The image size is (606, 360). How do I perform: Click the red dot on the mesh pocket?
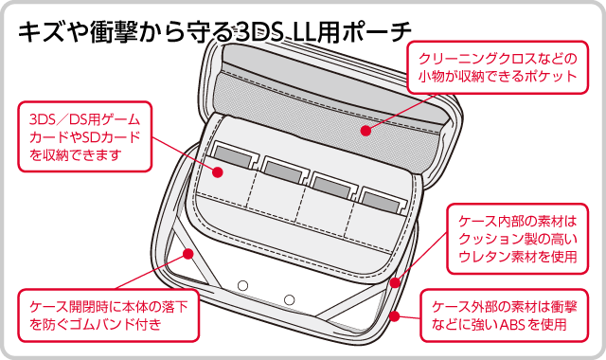(365, 131)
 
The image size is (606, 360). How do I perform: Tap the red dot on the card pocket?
(218, 172)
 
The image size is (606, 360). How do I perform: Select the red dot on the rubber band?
(188, 254)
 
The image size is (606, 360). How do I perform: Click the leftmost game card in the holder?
(234, 155)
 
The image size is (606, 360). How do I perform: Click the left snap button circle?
(242, 286)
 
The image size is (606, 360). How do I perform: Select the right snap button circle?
(289, 299)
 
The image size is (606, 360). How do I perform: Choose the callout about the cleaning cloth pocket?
(497, 67)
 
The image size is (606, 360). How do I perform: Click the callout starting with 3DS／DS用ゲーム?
(85, 136)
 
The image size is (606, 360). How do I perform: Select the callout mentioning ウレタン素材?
(518, 239)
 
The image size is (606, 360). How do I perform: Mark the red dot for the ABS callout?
(394, 316)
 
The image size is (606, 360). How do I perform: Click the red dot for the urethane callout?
(395, 282)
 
